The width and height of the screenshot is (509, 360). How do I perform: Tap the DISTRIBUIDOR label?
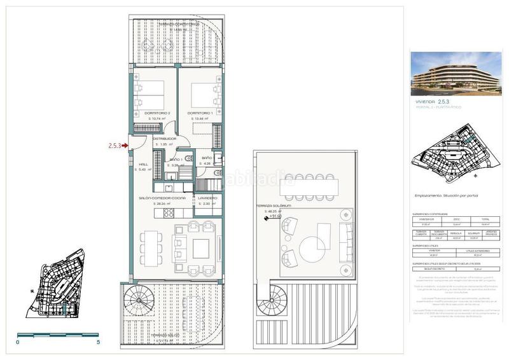coord(164,138)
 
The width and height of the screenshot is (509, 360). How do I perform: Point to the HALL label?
coord(143,163)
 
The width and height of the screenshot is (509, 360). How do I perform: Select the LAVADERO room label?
coord(208,198)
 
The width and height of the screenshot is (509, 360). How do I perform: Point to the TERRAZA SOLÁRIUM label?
coord(273,206)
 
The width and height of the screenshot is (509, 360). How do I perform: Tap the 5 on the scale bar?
coord(97,342)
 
